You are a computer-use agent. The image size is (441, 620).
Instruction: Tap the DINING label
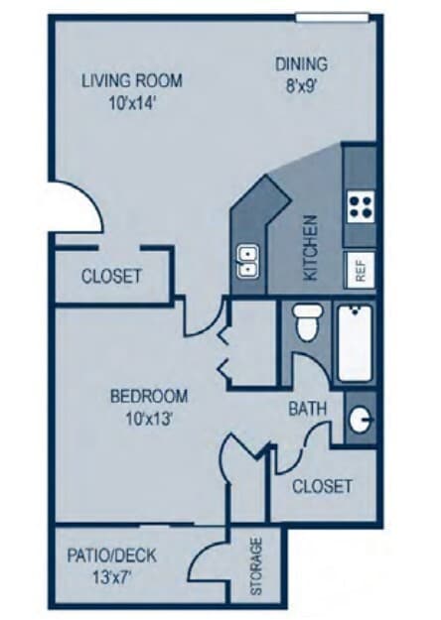[301, 65]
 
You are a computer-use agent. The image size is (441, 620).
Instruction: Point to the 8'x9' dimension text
[301, 86]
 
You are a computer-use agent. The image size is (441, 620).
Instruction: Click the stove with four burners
[360, 207]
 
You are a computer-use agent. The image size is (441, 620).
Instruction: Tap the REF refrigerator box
[360, 269]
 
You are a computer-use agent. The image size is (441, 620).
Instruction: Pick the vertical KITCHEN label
[310, 248]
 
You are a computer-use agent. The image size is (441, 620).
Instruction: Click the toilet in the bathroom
[307, 323]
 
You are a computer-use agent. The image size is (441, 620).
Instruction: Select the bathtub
[355, 343]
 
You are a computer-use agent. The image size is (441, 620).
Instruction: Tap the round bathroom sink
[363, 420]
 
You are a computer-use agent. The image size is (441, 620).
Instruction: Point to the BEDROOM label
[149, 396]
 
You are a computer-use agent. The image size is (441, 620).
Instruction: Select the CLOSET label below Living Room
[111, 276]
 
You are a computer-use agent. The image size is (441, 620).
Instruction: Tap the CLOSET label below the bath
[323, 486]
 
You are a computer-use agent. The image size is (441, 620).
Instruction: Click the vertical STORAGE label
[256, 565]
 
